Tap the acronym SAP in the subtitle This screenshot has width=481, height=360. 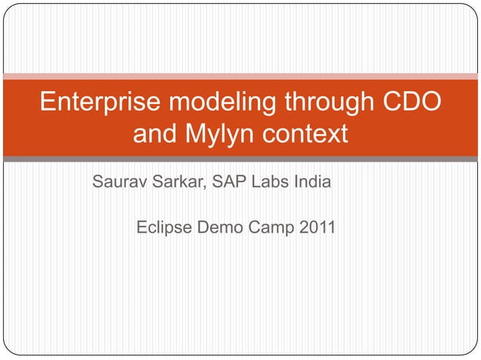click(229, 182)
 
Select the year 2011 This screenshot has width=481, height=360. click(317, 226)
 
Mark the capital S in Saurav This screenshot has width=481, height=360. click(97, 182)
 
